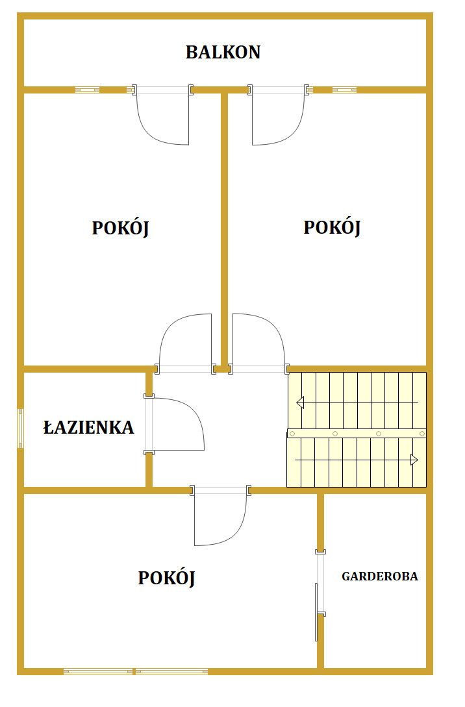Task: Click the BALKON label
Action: pos(223,52)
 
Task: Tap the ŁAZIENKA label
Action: pos(89,427)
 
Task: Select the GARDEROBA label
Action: pos(380,576)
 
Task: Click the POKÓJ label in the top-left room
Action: pos(120,228)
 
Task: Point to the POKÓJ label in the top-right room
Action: pos(332,227)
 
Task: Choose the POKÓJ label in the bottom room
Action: pos(166,578)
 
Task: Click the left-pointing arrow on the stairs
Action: pos(357,403)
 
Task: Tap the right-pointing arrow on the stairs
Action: pos(357,460)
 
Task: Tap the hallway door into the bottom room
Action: pos(221,515)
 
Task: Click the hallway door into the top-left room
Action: pos(185,343)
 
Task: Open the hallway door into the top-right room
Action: pos(258,343)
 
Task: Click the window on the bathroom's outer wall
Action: pos(20,428)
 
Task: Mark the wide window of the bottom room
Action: pos(136,671)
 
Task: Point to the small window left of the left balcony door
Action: pos(88,90)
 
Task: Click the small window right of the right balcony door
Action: pos(344,90)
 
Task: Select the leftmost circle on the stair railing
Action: pos(292,434)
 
